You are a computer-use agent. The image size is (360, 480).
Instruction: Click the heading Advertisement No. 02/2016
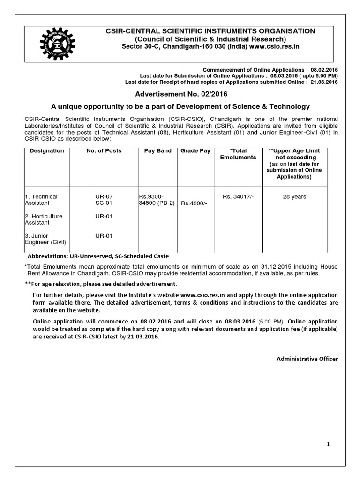(x=180, y=94)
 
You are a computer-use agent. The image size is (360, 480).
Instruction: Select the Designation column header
(x=47, y=151)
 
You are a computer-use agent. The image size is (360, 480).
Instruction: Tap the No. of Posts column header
(x=104, y=151)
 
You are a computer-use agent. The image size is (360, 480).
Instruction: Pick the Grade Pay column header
(x=195, y=151)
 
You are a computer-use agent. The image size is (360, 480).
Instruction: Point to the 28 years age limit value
(x=294, y=197)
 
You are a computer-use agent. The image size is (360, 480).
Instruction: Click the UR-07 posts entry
(x=104, y=197)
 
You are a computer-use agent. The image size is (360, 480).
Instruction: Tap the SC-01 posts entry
(x=104, y=203)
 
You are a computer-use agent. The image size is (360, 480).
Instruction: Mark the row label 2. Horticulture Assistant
(x=44, y=219)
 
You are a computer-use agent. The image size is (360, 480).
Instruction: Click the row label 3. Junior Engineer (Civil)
(x=45, y=239)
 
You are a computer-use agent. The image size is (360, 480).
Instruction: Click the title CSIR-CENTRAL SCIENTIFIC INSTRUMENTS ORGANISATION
(x=210, y=31)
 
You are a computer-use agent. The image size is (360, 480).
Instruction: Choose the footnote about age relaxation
(x=101, y=284)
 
